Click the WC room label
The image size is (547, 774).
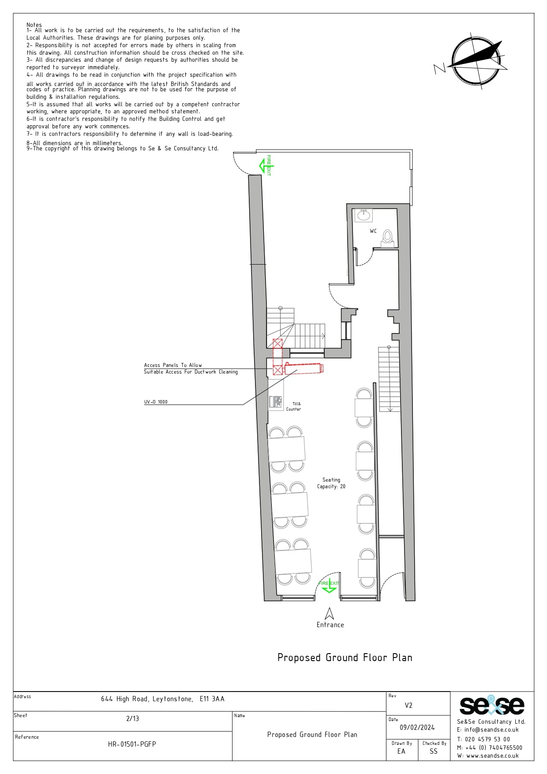[373, 231]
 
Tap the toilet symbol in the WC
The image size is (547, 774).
[387, 237]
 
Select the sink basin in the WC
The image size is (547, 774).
[363, 215]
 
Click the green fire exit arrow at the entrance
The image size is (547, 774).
[329, 586]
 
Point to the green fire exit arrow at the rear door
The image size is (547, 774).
[266, 165]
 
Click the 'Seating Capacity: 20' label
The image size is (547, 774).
[331, 483]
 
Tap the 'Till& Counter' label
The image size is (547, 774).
[294, 406]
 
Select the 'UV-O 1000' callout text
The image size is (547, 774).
[156, 402]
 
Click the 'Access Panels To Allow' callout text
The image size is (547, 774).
[173, 365]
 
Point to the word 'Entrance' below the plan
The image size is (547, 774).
[330, 624]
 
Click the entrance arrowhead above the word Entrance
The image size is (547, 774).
[329, 613]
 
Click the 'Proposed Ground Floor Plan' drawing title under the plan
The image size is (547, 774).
[345, 658]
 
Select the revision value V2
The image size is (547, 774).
[408, 705]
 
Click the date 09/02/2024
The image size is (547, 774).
[417, 727]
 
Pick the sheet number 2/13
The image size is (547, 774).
[132, 718]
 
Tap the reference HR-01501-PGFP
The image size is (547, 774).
[132, 744]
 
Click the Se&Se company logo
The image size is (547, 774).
[492, 705]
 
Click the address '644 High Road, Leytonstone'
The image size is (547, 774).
[147, 699]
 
